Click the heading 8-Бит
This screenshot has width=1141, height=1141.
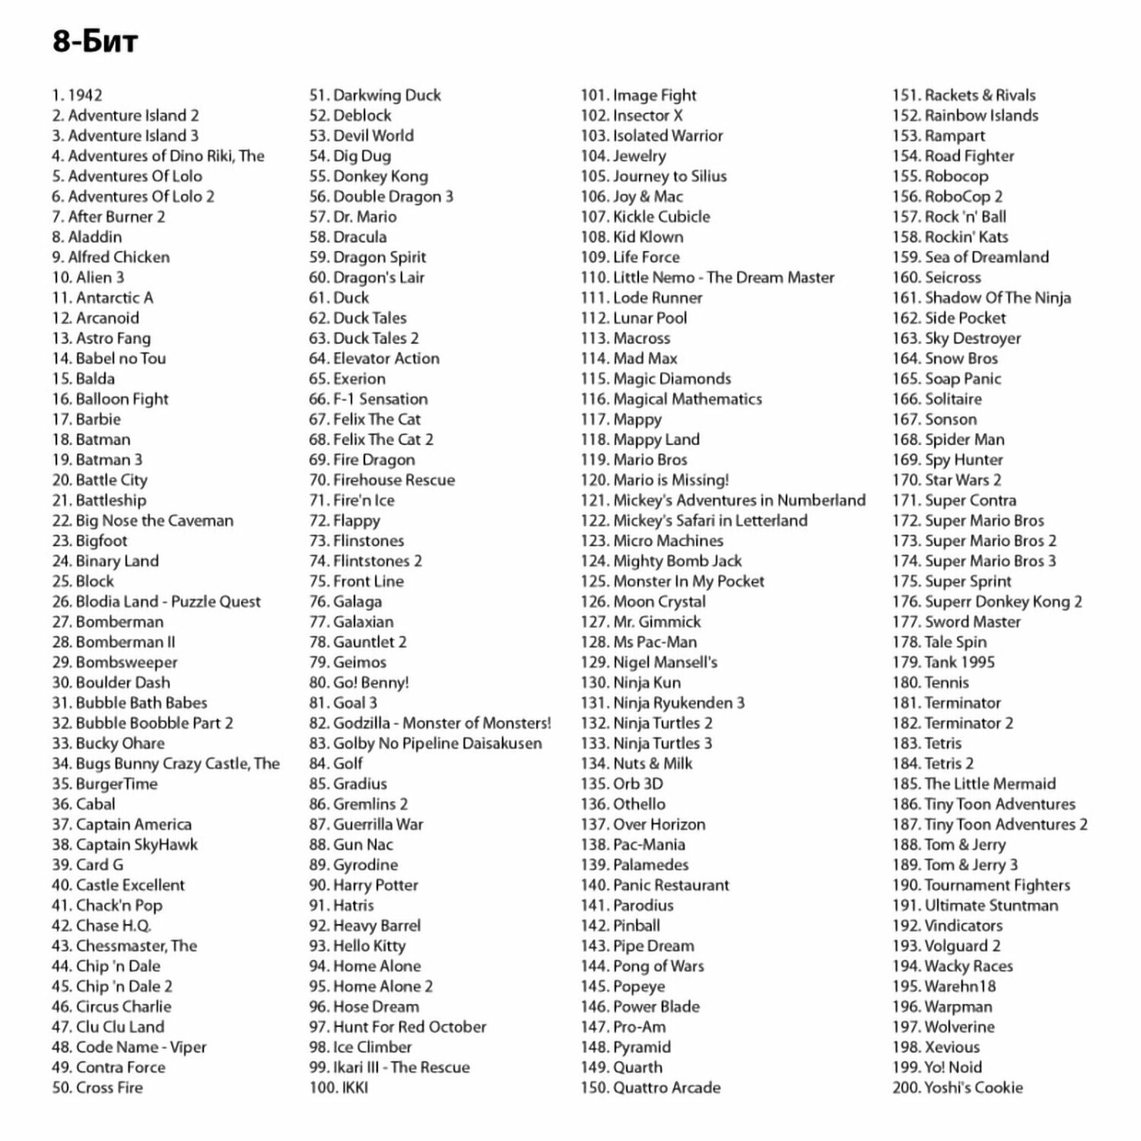tap(95, 41)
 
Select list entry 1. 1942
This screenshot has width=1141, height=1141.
tap(77, 95)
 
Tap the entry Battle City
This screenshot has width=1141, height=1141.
tap(100, 480)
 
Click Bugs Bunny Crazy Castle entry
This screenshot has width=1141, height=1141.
tap(166, 764)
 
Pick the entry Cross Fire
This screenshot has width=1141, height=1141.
tap(97, 1088)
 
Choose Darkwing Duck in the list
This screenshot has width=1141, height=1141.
tap(375, 95)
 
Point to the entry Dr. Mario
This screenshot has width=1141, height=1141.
tap(353, 217)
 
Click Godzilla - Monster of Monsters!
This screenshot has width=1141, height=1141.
tap(430, 723)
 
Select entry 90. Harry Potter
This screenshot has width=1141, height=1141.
tap(364, 885)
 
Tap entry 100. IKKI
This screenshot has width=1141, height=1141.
tap(338, 1088)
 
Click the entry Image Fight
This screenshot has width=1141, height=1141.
tap(639, 95)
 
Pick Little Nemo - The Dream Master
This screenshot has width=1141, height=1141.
tap(707, 278)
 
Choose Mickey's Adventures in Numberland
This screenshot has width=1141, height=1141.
tap(723, 501)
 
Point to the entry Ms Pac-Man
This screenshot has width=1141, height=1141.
tap(639, 642)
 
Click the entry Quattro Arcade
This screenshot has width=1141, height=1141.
tap(650, 1088)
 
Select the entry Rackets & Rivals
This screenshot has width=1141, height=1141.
tap(964, 95)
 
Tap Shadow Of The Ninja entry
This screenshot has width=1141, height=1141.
tap(981, 298)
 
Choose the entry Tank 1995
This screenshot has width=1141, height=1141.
tap(943, 663)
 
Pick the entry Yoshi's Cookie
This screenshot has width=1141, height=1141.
tap(958, 1088)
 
